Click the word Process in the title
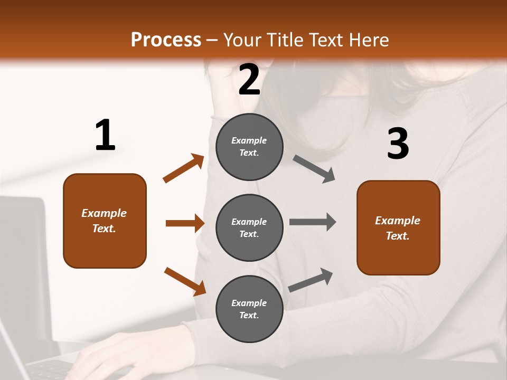coord(166,40)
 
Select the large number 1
coord(105,136)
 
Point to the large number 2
coord(249,80)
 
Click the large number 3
coord(398,144)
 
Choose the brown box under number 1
coord(105,221)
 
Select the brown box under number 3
coord(398,228)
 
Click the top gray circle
coord(249,147)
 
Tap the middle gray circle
coord(249,227)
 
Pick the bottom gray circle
coord(249,309)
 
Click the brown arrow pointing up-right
coord(184,168)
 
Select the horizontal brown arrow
coord(185,223)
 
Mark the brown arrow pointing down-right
coord(185,281)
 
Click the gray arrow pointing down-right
coord(314,169)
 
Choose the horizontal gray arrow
coord(313,222)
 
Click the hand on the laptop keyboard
coord(106,354)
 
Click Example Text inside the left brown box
coord(104,221)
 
